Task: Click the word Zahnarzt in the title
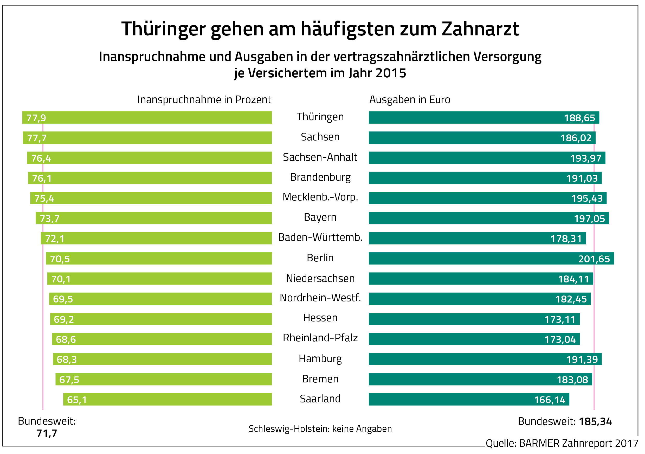(480, 29)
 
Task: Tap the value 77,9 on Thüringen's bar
(36, 118)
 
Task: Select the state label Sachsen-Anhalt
(320, 157)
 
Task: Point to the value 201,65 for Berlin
(594, 259)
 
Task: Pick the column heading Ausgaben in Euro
(410, 100)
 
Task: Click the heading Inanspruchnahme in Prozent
(204, 100)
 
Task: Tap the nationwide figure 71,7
(47, 433)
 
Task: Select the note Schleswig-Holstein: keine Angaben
(320, 429)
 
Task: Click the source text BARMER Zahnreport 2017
(578, 443)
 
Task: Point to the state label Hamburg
(320, 359)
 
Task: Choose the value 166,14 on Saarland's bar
(550, 400)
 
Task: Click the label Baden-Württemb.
(320, 237)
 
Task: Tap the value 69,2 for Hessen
(64, 319)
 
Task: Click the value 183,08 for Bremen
(572, 380)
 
